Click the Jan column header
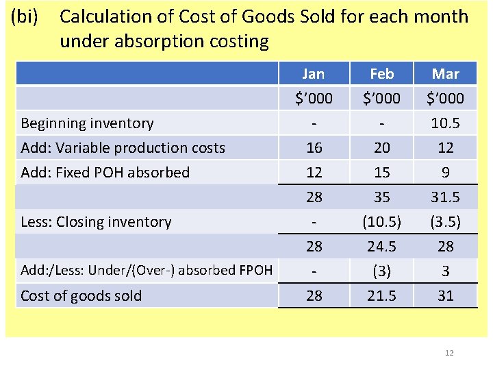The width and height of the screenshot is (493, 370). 314,73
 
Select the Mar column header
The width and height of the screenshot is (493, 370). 446,73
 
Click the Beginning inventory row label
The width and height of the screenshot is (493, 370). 87,123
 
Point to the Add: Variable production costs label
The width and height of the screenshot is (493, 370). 123,148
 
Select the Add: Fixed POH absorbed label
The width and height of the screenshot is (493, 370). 105,173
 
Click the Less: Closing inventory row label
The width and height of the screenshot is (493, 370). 96,222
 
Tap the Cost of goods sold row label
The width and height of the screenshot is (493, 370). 81,296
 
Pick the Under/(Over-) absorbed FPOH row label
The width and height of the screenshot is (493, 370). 147,271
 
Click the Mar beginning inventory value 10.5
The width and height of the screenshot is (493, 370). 446,123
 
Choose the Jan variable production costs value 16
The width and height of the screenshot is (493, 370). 314,148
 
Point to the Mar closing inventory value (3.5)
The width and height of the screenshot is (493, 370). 446,222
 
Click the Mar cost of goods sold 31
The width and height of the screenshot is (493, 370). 446,296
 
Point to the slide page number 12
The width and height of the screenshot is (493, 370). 449,353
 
